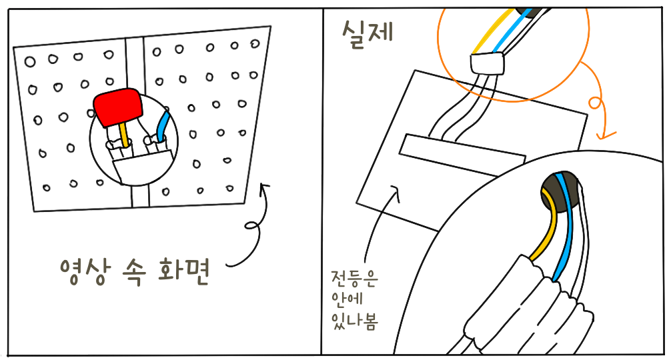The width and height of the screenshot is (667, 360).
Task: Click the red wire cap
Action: point(117,106)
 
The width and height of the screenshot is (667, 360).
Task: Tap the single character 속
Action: point(135,270)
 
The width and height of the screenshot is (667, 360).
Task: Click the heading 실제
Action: point(366,31)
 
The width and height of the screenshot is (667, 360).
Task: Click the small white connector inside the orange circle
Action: point(487,64)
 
